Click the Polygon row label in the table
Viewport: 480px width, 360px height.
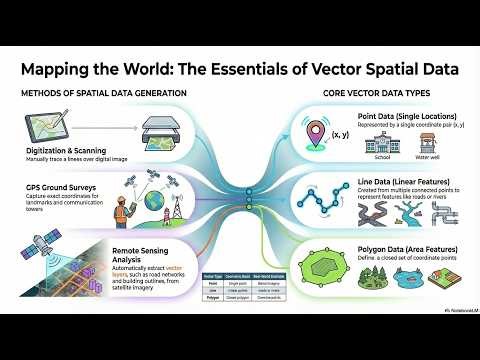[212, 298]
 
